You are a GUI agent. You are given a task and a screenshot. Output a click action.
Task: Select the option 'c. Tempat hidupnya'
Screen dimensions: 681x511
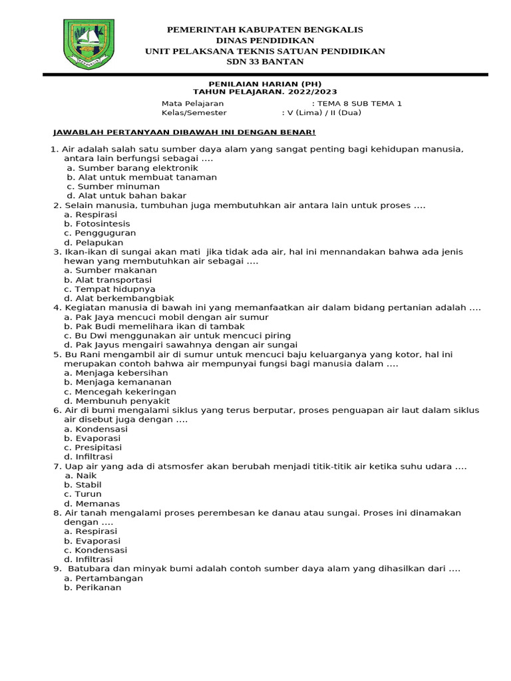pyautogui.click(x=100, y=289)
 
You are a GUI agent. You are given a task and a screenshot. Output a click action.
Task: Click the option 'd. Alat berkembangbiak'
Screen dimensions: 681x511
pyautogui.click(x=110, y=299)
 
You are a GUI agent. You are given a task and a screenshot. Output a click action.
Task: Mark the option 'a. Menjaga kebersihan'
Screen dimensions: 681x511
pyautogui.click(x=106, y=373)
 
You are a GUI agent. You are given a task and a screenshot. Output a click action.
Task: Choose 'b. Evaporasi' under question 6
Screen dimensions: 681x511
pyautogui.click(x=92, y=438)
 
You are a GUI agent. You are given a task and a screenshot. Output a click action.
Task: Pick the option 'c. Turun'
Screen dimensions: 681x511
pyautogui.click(x=83, y=494)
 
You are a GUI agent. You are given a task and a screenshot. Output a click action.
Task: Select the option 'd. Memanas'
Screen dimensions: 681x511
pyautogui.click(x=88, y=503)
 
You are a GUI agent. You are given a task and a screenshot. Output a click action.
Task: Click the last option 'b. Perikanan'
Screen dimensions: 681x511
pyautogui.click(x=93, y=587)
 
